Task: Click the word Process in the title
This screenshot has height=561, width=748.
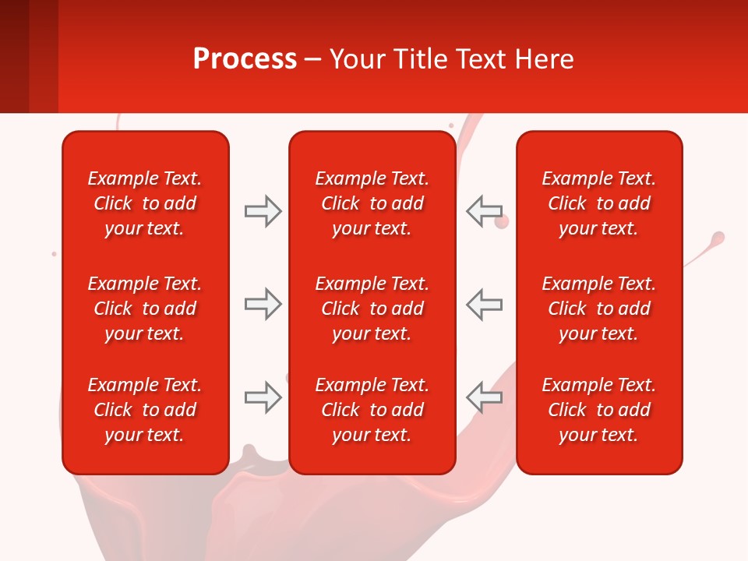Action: tap(245, 59)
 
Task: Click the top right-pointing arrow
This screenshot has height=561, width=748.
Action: tap(263, 211)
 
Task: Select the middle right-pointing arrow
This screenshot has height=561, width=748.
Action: tap(263, 304)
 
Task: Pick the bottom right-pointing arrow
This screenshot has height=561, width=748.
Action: tap(263, 397)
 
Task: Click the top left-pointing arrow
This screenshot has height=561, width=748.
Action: tap(485, 211)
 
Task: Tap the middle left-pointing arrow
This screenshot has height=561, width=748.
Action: tap(485, 304)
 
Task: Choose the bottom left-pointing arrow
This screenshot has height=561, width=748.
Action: tap(485, 397)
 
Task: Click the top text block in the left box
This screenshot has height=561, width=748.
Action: tap(145, 203)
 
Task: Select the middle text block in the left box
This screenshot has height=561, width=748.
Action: tap(145, 309)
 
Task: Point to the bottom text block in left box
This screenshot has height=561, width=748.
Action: tap(145, 410)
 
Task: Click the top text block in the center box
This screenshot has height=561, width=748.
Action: tap(372, 203)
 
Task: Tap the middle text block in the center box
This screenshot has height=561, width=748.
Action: tap(372, 309)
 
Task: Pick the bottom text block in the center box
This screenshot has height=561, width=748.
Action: tap(372, 410)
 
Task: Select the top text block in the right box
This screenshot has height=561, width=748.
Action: tap(599, 203)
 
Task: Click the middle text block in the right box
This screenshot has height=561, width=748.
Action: tap(599, 309)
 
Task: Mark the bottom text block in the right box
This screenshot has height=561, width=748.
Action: tap(599, 410)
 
